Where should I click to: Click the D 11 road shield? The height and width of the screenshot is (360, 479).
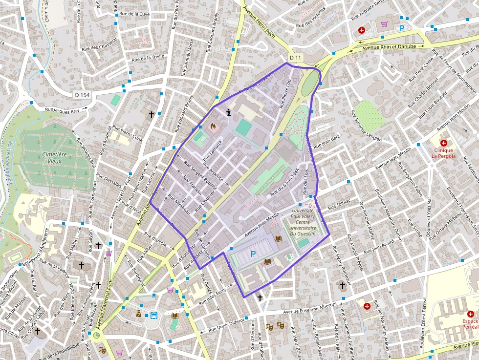295,58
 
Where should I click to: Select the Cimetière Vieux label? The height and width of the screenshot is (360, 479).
54,157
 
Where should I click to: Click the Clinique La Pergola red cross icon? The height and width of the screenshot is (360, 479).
443,143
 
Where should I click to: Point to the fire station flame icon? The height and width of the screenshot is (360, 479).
213,126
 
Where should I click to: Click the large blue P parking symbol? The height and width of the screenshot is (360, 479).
253,254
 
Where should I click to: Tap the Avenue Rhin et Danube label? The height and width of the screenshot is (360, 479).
389,47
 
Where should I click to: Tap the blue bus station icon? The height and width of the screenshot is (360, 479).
153,315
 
